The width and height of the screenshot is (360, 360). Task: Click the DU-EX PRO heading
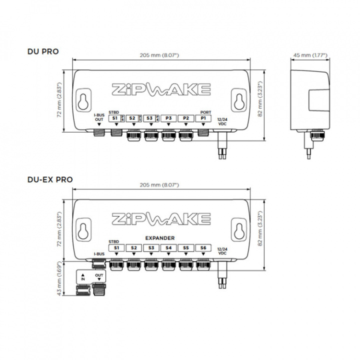[x=49, y=179]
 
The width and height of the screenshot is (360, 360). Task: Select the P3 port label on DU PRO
[x=168, y=118]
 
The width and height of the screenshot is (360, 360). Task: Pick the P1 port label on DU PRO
[x=203, y=118]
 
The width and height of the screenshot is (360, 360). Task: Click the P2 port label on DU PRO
[x=186, y=118]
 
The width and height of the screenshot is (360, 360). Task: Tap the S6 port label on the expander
[x=203, y=247]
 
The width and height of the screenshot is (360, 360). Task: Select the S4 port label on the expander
[x=168, y=247]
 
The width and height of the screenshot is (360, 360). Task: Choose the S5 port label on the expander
[x=186, y=247]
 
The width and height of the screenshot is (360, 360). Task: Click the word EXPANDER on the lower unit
[x=159, y=238]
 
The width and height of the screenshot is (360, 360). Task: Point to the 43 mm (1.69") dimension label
[x=59, y=278]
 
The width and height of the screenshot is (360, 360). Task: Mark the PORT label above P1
[x=205, y=112]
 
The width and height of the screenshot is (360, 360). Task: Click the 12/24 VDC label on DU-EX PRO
[x=222, y=251]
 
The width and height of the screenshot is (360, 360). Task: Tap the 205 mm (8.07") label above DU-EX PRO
[x=161, y=185]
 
